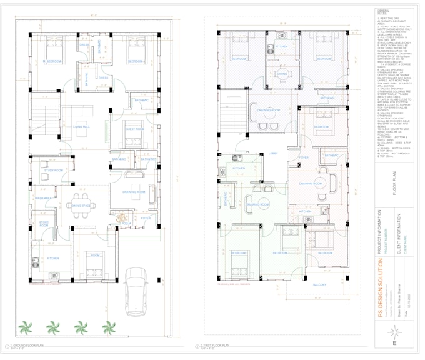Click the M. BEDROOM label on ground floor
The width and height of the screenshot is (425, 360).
coord(52,61)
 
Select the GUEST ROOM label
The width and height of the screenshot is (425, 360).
coord(136,129)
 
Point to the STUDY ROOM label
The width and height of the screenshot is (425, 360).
coord(53,170)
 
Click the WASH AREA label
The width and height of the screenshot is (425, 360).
coord(43,198)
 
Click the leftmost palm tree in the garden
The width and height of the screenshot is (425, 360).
coord(25,327)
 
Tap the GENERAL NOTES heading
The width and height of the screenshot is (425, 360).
coord(383,12)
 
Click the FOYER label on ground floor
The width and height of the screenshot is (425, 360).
coord(146,218)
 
